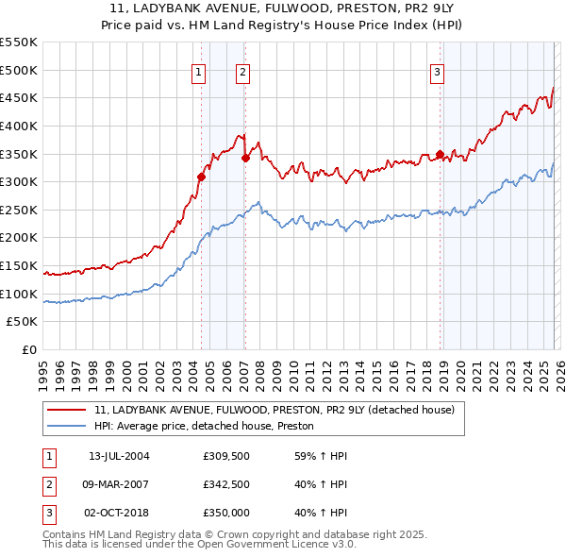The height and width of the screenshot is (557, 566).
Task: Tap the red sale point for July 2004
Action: pos(201,177)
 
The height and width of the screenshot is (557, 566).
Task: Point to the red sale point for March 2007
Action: pos(245,158)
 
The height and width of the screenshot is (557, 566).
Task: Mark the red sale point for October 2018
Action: pos(440,154)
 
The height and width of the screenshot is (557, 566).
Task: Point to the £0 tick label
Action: pos(27,349)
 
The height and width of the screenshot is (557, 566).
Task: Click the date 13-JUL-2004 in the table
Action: pos(119,457)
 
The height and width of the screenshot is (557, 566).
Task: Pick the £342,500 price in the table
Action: pos(225,484)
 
